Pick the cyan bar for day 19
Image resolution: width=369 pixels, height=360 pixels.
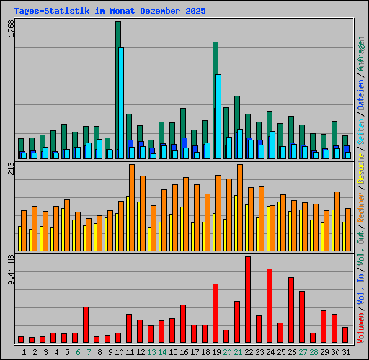[x=218, y=115]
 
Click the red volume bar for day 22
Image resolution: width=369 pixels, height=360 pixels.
[x=248, y=299]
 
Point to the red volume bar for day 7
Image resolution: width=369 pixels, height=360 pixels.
[x=86, y=325]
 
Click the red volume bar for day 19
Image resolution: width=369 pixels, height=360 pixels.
[x=215, y=313]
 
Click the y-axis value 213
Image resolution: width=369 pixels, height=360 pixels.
[x=10, y=169]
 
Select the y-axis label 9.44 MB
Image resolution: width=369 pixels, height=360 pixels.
[x=10, y=270]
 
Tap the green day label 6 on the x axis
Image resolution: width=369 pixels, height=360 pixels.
[x=77, y=352]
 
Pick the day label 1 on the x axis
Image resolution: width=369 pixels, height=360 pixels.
[x=24, y=352]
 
